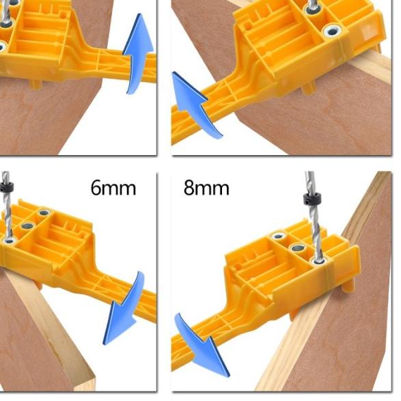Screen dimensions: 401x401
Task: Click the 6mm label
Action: click(x=113, y=188)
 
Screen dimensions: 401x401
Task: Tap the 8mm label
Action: click(x=206, y=188)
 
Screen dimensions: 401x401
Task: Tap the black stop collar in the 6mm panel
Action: click(x=7, y=185)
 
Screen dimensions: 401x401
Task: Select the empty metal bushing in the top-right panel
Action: click(x=335, y=31)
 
